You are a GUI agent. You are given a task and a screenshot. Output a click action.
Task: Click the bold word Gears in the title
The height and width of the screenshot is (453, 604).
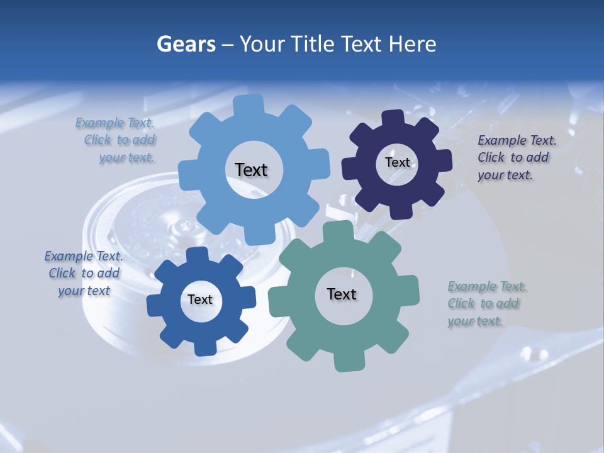pos(186,44)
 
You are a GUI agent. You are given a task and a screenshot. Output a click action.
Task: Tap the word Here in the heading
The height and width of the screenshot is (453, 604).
pos(413,44)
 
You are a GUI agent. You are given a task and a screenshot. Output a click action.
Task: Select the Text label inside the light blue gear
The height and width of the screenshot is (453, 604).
pos(251,170)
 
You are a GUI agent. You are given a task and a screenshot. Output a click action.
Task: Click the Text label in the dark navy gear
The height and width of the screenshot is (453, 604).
pos(397,162)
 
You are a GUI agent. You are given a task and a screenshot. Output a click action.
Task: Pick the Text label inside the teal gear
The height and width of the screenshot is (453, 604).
pos(342,294)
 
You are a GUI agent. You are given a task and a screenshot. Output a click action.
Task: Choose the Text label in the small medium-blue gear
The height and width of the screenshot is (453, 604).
pos(200,299)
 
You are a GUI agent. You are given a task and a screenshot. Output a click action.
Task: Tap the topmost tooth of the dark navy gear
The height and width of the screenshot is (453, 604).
pos(393,118)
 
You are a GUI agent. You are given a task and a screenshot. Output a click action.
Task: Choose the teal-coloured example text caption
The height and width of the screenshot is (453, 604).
pos(484,303)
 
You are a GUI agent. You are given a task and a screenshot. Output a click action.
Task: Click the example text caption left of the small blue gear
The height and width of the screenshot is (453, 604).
pos(84,273)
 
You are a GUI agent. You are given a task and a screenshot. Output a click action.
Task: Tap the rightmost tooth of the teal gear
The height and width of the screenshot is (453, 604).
pos(410,291)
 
